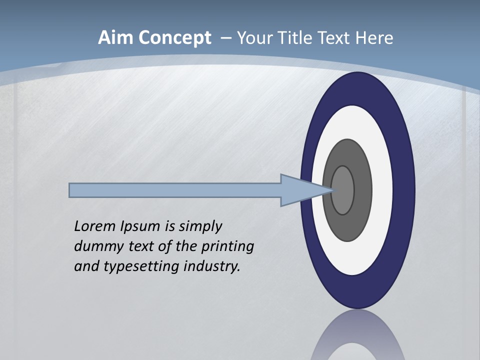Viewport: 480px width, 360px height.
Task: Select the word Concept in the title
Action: [175, 38]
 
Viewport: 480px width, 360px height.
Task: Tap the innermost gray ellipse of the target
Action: [343, 190]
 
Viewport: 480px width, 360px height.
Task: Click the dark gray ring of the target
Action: [362, 190]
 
